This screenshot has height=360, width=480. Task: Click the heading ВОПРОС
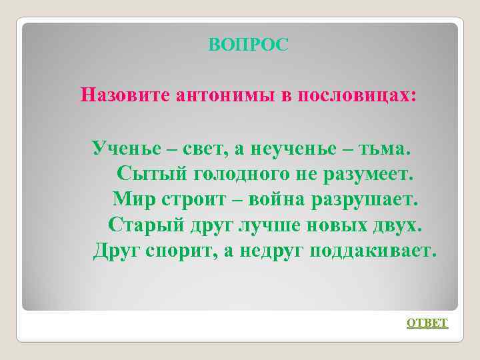pos(249,45)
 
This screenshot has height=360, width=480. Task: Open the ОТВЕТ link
pos(427,323)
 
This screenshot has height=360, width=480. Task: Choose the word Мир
pos(131,199)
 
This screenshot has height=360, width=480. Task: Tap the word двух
pos(397,224)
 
